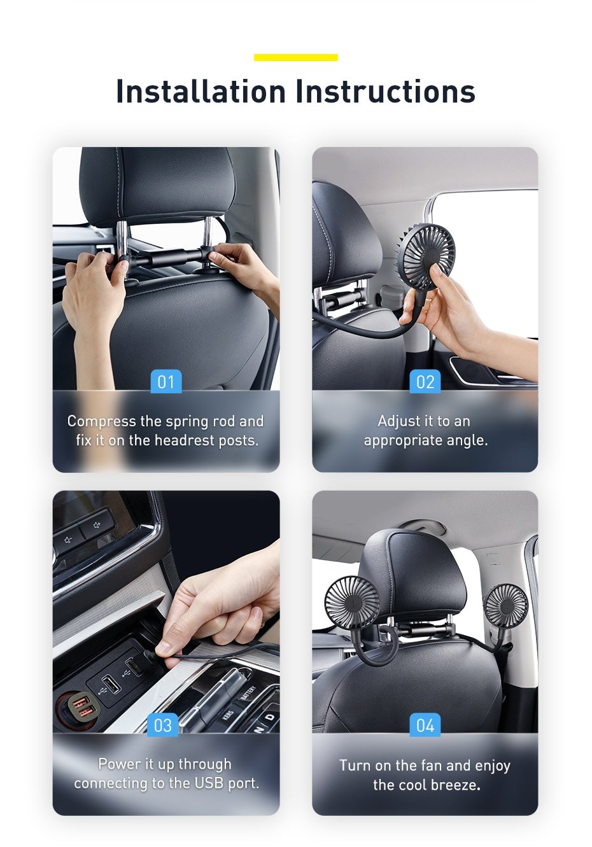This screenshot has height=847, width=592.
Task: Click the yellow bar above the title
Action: [x=295, y=57]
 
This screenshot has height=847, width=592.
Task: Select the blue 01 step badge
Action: [x=166, y=382]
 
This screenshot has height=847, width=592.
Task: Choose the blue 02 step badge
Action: [x=425, y=382]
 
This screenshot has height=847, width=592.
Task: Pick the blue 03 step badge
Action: [x=163, y=725]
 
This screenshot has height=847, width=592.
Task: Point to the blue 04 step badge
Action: [x=425, y=725]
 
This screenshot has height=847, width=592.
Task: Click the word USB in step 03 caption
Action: [x=209, y=783]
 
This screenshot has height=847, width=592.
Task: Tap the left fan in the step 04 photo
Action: [x=351, y=602]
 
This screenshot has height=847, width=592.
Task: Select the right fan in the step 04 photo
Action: [x=506, y=605]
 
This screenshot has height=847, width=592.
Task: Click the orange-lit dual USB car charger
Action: [x=78, y=709]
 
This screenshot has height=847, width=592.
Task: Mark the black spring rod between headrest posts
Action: [x=166, y=258]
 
